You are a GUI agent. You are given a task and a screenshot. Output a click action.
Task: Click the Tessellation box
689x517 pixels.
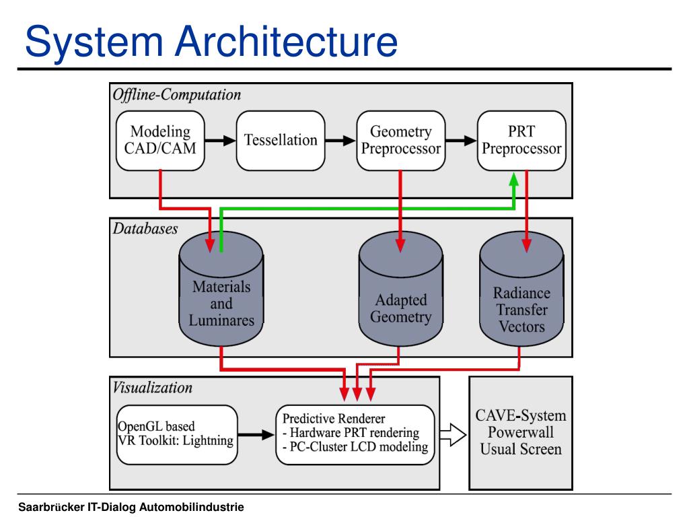pos(281,141)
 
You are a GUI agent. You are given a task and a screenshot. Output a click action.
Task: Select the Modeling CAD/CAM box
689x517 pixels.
pos(160,141)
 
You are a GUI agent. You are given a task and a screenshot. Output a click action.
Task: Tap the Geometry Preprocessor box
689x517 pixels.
pos(401,141)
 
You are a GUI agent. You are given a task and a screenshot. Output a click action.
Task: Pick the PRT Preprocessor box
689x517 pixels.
pos(521,141)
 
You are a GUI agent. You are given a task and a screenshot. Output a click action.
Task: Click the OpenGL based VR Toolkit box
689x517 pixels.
pos(177,435)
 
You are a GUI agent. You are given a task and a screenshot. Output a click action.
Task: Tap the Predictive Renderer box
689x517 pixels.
pos(355,435)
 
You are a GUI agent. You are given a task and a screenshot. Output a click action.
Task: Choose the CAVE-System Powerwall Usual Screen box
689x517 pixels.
pos(521,433)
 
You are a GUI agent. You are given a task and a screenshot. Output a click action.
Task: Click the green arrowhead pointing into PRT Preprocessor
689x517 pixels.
pos(513,180)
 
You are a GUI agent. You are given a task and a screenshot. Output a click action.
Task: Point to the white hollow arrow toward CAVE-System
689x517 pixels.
pos(453,435)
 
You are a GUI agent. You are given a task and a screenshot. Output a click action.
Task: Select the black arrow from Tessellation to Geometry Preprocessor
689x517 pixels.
pos(340,141)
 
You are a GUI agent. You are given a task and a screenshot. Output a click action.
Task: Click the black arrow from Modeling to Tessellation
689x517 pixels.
pos(220,141)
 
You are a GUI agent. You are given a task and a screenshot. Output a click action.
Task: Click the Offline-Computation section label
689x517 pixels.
pos(177,95)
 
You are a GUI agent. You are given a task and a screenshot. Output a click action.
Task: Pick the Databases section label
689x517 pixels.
pos(145,229)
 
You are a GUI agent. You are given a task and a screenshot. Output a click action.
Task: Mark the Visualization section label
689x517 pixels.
pos(153,387)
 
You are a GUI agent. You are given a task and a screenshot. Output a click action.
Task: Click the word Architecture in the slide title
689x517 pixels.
pos(287,41)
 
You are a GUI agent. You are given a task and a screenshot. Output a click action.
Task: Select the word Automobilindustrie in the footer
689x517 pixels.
pos(191,507)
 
